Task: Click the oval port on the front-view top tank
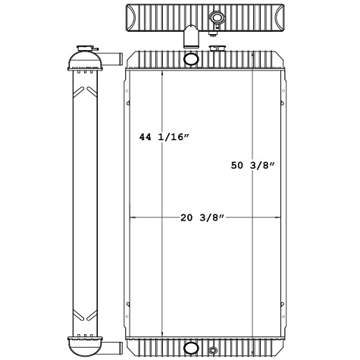point(192,58)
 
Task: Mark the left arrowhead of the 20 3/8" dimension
point(134,218)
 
